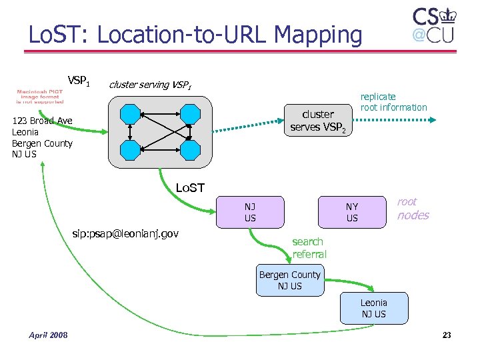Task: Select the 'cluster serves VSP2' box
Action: (x=317, y=120)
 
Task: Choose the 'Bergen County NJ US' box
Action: (x=289, y=280)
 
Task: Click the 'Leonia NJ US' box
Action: (x=373, y=308)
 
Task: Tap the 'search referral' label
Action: (x=309, y=248)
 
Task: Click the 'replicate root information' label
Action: (x=393, y=102)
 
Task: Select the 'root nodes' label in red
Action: (x=413, y=209)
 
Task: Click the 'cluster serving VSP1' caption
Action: (x=150, y=85)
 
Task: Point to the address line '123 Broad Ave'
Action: (x=42, y=121)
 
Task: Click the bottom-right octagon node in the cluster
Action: (x=191, y=149)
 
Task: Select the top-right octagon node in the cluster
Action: (x=191, y=113)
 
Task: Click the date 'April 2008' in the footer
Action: (x=48, y=335)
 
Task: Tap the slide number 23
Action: (x=446, y=335)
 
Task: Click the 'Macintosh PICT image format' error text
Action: (x=41, y=96)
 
